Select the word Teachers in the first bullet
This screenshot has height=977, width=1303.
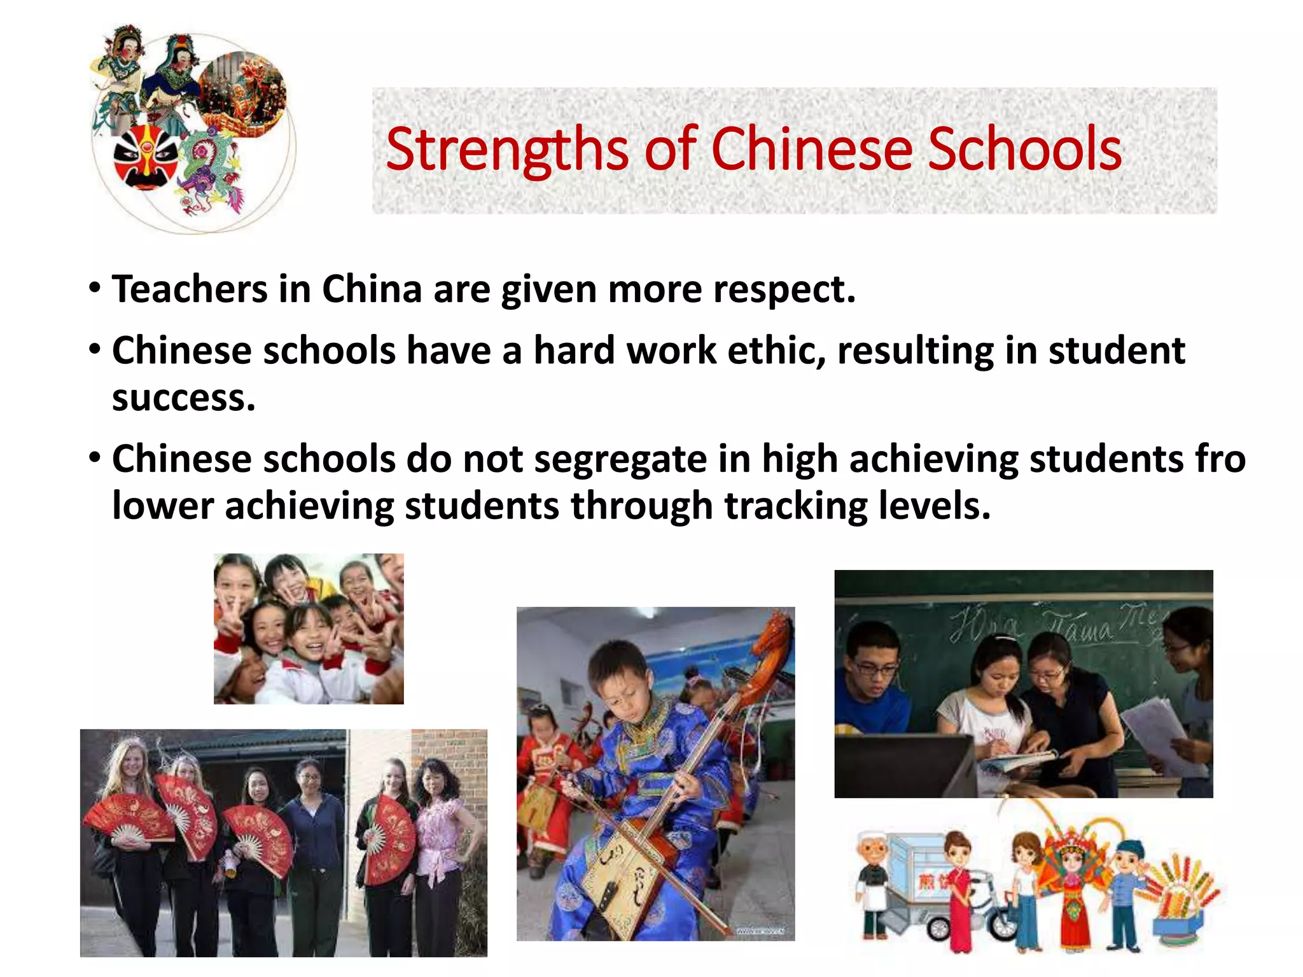pyautogui.click(x=190, y=289)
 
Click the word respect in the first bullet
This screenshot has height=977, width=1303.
pyautogui.click(x=784, y=291)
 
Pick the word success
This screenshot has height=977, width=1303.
pyautogui.click(x=183, y=398)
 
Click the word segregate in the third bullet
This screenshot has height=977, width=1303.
pyautogui.click(x=620, y=459)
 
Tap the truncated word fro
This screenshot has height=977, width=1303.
pyautogui.click(x=1220, y=459)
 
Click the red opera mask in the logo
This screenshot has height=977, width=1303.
pyautogui.click(x=146, y=156)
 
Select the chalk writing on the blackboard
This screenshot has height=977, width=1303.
pyautogui.click(x=1043, y=623)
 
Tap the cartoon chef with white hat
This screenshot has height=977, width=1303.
pyautogui.click(x=875, y=884)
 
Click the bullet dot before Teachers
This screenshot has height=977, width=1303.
pyautogui.click(x=95, y=288)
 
